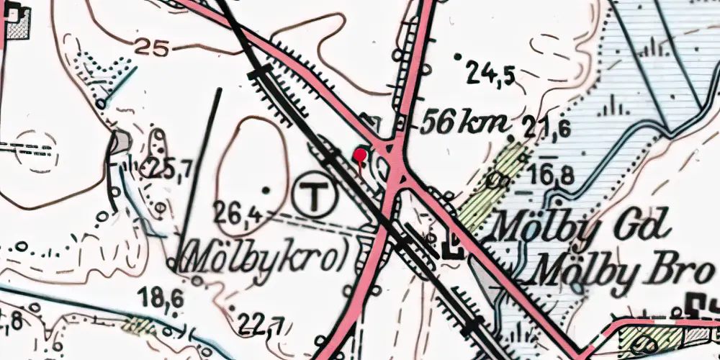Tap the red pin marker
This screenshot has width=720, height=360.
pyautogui.click(x=360, y=155)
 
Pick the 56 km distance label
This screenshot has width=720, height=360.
pyautogui.click(x=463, y=124)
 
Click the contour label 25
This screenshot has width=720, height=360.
pyautogui.click(x=151, y=49)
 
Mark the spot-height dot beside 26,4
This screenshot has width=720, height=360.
pyautogui.click(x=267, y=190)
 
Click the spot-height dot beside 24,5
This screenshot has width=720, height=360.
pyautogui.click(x=456, y=55)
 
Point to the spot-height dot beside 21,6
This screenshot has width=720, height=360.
pyautogui.click(x=510, y=138)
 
